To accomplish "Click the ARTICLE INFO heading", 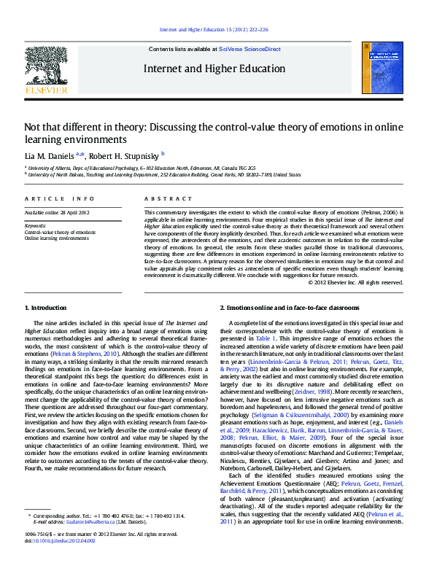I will click(59, 199).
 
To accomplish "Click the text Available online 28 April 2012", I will click(57, 212).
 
